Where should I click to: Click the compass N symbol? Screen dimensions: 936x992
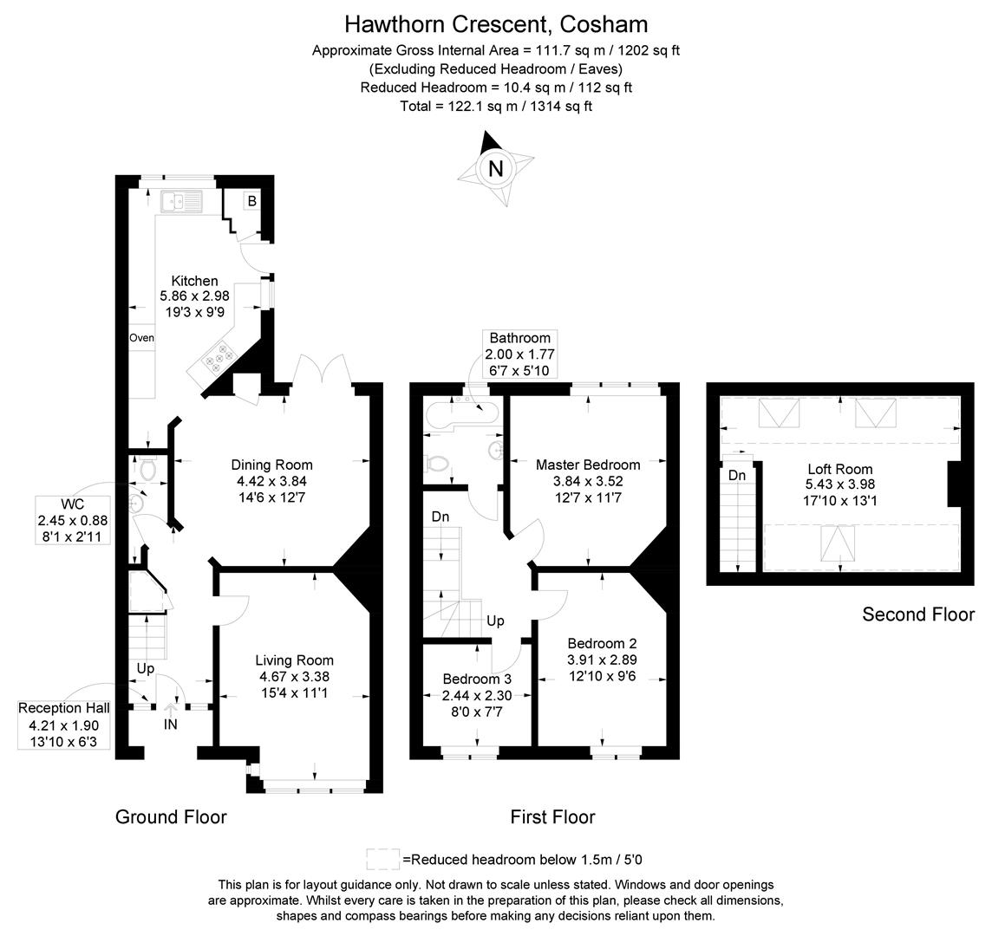pyautogui.click(x=495, y=168)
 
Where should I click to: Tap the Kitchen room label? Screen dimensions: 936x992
pyautogui.click(x=194, y=281)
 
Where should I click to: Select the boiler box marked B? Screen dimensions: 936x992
pyautogui.click(x=252, y=201)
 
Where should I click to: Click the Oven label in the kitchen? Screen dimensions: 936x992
pyautogui.click(x=141, y=337)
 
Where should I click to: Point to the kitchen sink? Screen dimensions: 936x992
pyautogui.click(x=179, y=202)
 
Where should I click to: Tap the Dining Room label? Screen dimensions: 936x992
pyautogui.click(x=272, y=465)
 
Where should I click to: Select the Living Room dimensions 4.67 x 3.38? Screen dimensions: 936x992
pyautogui.click(x=294, y=676)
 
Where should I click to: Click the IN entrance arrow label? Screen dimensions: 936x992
pyautogui.click(x=171, y=723)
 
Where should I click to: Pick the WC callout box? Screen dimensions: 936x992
pyautogui.click(x=73, y=520)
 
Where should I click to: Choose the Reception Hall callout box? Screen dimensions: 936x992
pyautogui.click(x=64, y=725)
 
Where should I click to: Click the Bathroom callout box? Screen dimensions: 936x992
pyautogui.click(x=519, y=354)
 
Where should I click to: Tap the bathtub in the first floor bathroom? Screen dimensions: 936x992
pyautogui.click(x=460, y=411)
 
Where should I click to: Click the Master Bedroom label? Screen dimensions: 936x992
pyautogui.click(x=588, y=465)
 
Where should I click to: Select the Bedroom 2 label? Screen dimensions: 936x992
pyautogui.click(x=602, y=644)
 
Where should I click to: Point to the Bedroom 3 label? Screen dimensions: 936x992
pyautogui.click(x=477, y=679)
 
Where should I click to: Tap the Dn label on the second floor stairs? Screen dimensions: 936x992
pyautogui.click(x=737, y=475)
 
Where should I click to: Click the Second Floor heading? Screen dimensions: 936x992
pyautogui.click(x=917, y=614)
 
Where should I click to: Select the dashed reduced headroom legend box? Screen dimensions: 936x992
pyautogui.click(x=383, y=859)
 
